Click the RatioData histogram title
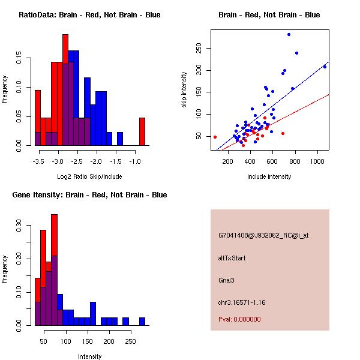(x=89, y=15)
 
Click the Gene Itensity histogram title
(x=89, y=195)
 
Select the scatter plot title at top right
(x=269, y=15)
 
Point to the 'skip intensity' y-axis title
(x=185, y=90)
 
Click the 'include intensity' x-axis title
(x=269, y=176)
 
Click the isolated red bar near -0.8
(x=142, y=131)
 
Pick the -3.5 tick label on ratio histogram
(x=39, y=162)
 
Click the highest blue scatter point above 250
(x=289, y=34)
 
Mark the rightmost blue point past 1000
(x=325, y=67)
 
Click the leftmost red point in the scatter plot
(x=215, y=137)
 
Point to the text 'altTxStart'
(x=232, y=258)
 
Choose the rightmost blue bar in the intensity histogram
(x=142, y=321)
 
